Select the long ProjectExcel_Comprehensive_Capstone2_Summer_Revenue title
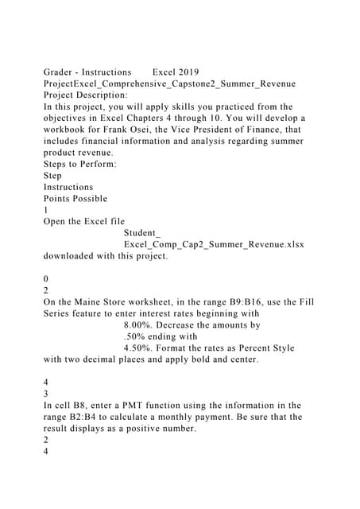[169, 84]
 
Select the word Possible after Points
[90, 198]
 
